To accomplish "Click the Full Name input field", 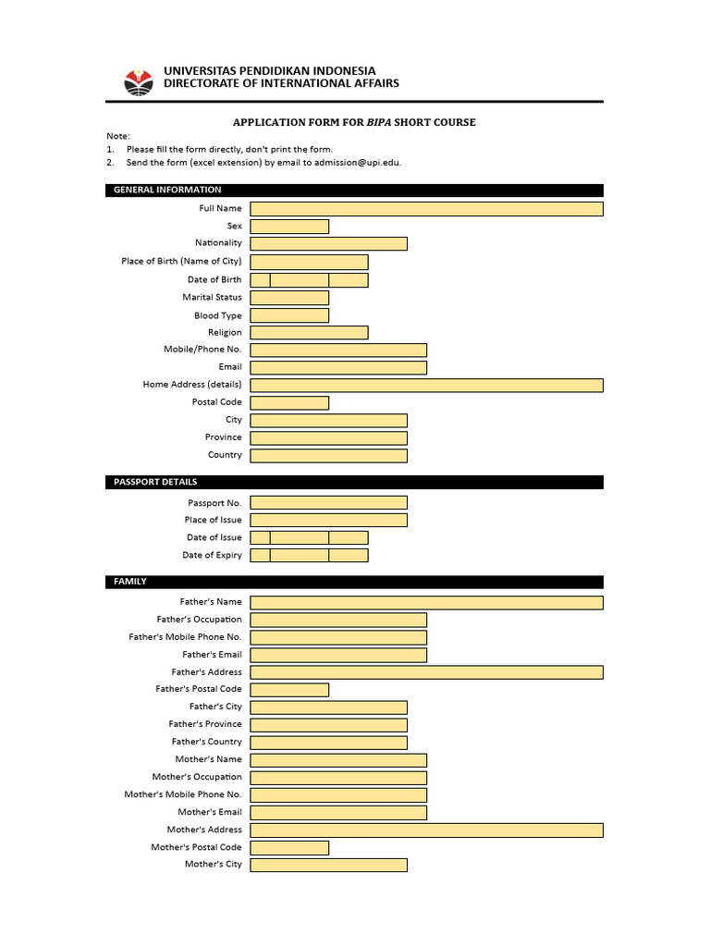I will [x=426, y=209].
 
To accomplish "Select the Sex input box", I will [x=289, y=227].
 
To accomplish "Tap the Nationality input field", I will [x=328, y=243].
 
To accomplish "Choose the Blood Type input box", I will [x=289, y=315].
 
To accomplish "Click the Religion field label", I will [x=225, y=332].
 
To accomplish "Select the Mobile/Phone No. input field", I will [x=338, y=350].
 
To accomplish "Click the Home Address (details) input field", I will [x=426, y=385].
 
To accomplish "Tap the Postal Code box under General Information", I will [x=289, y=402].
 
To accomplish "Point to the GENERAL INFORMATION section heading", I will [x=167, y=190].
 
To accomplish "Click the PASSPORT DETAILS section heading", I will [x=155, y=482].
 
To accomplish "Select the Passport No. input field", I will [x=328, y=502].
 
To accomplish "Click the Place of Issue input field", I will [x=328, y=520].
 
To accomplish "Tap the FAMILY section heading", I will [x=130, y=582].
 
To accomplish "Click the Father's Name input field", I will [x=426, y=602].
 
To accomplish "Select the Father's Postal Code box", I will [x=289, y=689].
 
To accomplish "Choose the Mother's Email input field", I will [x=338, y=812].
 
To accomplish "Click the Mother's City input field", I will [x=328, y=865].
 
